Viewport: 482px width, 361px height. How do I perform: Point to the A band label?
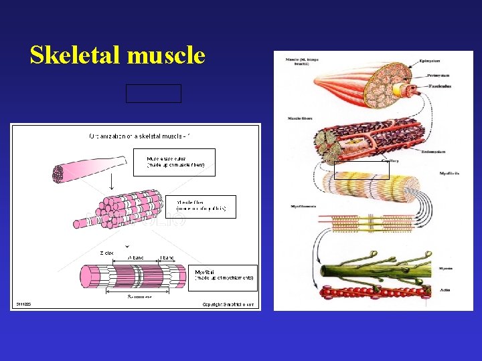(137, 257)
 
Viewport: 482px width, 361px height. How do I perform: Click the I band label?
(167, 257)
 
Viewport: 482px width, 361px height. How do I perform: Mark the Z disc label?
(106, 253)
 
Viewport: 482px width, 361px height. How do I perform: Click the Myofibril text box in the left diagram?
(224, 277)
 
